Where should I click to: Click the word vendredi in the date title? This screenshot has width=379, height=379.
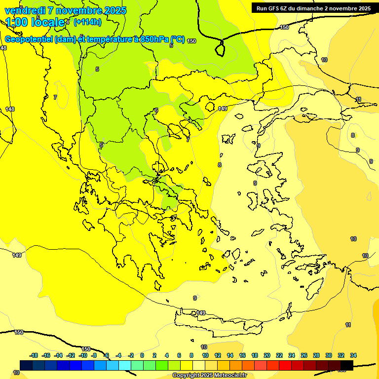click(25, 10)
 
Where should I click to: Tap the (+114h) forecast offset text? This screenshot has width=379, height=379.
click(87, 22)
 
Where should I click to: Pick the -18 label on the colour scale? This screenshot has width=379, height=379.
click(34, 355)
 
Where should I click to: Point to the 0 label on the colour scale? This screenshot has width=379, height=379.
click(142, 355)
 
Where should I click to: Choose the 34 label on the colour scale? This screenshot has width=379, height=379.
click(353, 355)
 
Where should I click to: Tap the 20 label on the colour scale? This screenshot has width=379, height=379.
click(267, 355)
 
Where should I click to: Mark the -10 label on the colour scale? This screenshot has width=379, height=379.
click(83, 355)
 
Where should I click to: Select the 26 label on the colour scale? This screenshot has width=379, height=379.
click(304, 355)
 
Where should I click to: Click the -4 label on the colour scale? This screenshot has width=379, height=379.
click(118, 355)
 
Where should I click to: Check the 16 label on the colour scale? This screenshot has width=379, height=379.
click(242, 355)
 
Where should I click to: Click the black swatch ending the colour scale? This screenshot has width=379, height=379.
click(347, 365)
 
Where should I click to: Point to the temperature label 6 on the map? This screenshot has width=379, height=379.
click(156, 111)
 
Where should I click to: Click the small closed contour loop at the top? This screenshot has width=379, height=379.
click(220, 48)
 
